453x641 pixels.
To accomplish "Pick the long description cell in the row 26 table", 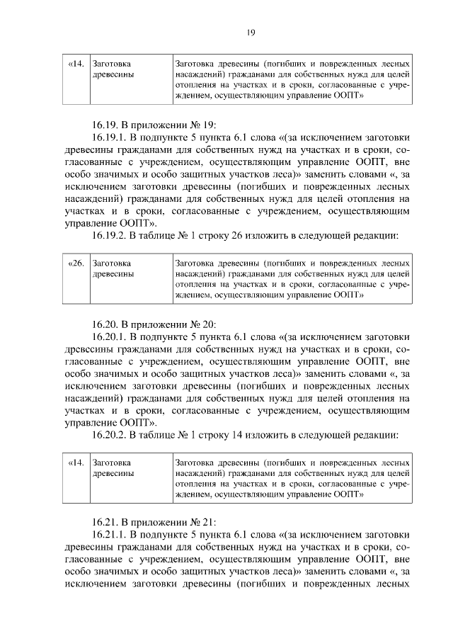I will coord(291,278).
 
